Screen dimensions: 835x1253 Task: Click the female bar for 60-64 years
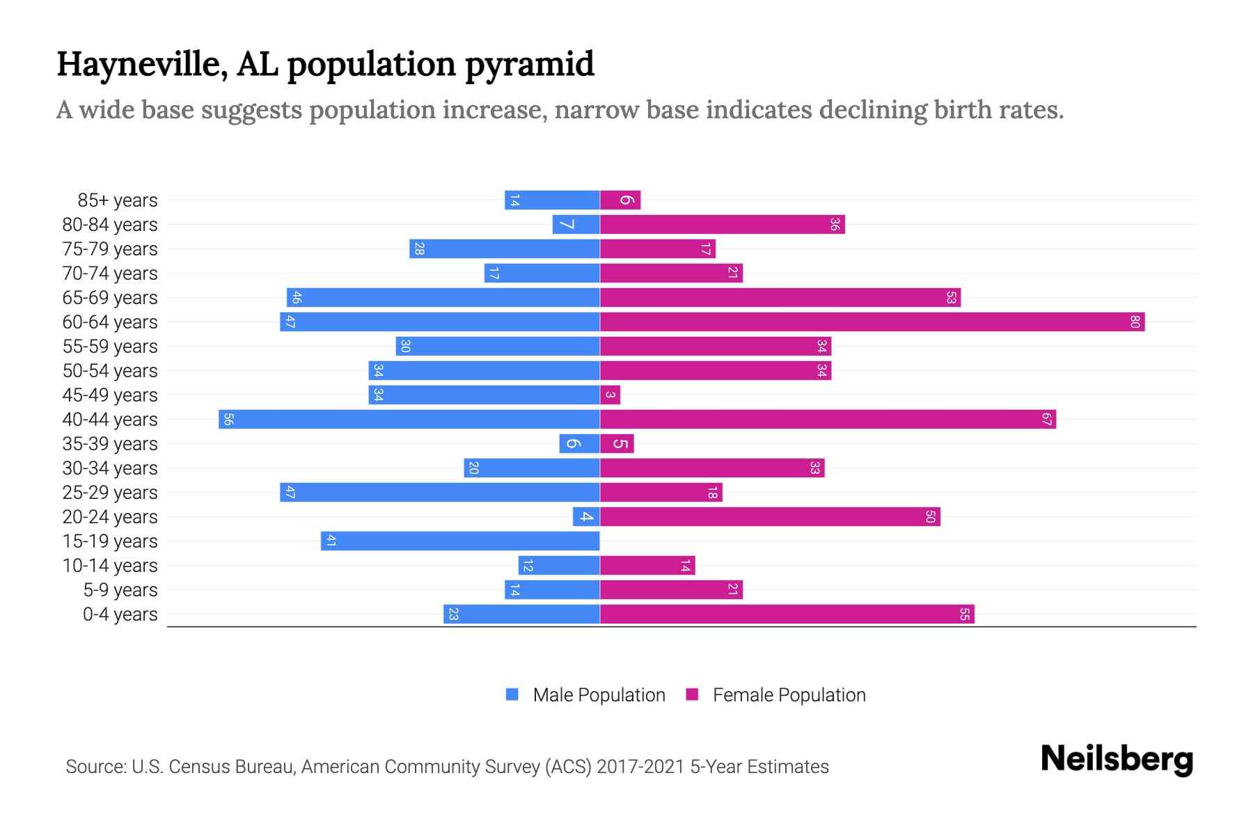(x=872, y=321)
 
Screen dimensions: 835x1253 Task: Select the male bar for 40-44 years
(x=409, y=419)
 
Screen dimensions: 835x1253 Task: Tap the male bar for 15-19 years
(x=460, y=541)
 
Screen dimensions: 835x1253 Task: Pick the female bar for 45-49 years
(x=610, y=395)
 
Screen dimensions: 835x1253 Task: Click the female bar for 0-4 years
(x=787, y=614)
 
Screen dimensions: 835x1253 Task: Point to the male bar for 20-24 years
(x=586, y=516)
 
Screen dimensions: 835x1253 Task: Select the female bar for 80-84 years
(x=722, y=224)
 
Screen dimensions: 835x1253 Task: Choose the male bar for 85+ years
(x=552, y=200)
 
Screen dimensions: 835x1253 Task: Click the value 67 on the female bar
(x=1046, y=419)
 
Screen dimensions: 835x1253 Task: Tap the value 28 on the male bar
(x=418, y=248)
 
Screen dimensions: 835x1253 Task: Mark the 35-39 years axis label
(x=110, y=443)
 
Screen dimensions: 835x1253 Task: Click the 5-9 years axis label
(x=120, y=589)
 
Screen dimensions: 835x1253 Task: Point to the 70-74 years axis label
(x=110, y=273)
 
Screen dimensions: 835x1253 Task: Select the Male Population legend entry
(x=599, y=694)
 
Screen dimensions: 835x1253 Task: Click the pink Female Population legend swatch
(x=692, y=694)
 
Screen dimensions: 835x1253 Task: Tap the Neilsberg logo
(x=1117, y=759)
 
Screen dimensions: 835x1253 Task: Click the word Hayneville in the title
(x=141, y=64)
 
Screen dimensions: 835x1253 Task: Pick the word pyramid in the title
(x=529, y=64)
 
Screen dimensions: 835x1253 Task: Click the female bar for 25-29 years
(x=661, y=492)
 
